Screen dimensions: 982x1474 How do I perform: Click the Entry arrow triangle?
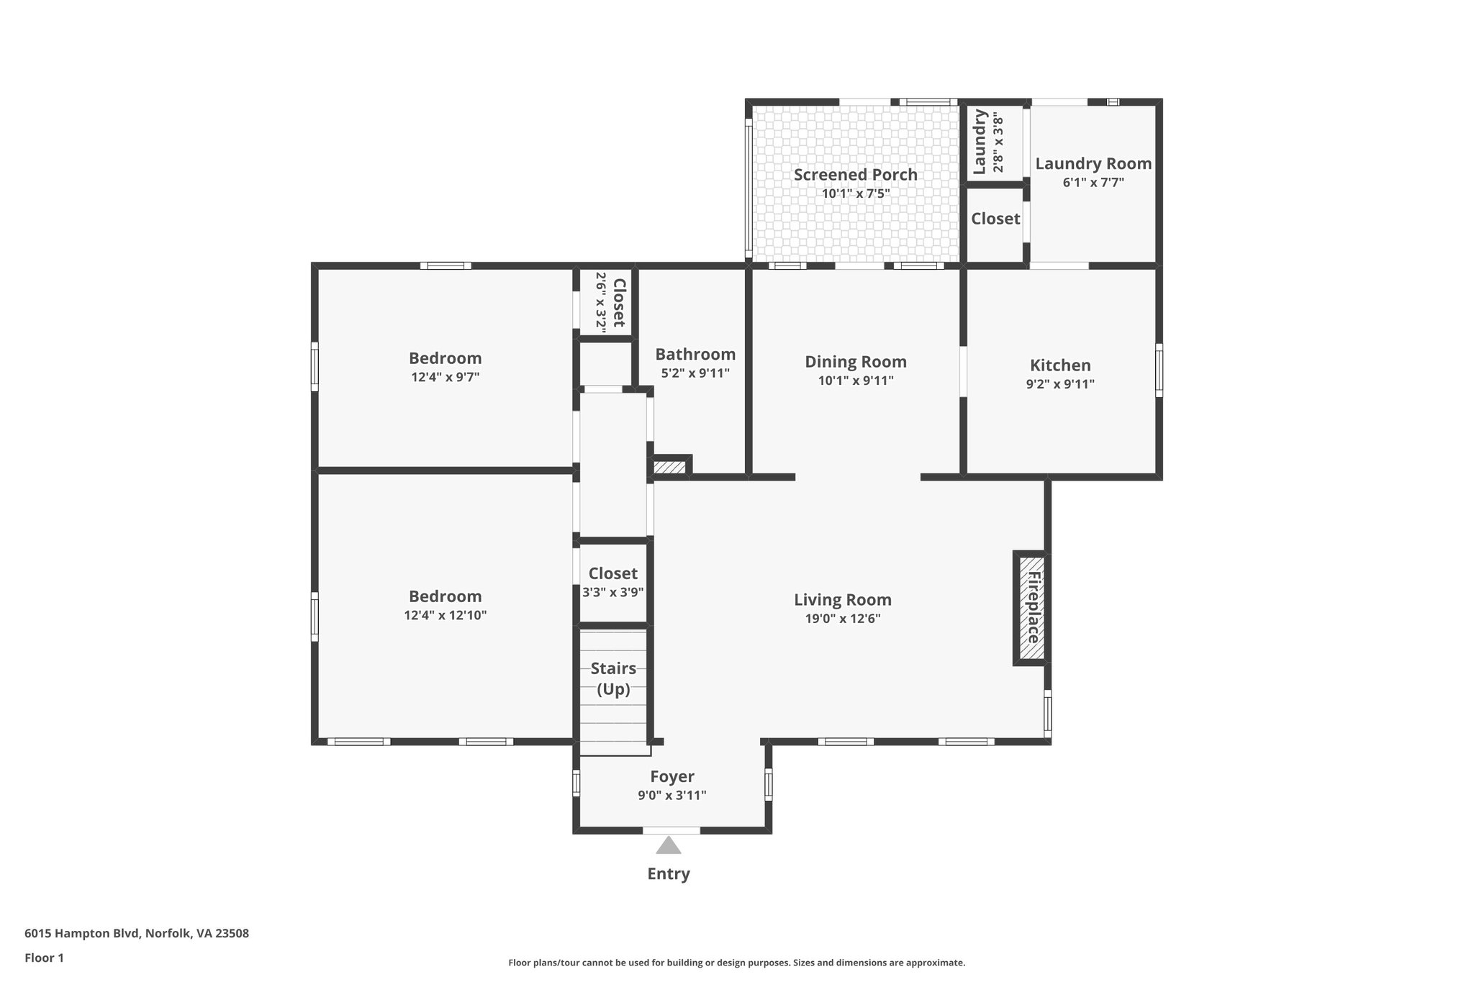(x=668, y=845)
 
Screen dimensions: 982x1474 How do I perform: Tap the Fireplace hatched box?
(x=1031, y=608)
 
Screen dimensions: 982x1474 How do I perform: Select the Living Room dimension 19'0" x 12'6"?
(x=842, y=619)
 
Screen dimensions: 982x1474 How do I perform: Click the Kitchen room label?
(x=1060, y=365)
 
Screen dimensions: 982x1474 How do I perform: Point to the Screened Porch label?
(x=855, y=174)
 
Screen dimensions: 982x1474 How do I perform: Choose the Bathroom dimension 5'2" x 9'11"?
(x=695, y=373)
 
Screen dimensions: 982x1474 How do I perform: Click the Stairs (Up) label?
(x=613, y=678)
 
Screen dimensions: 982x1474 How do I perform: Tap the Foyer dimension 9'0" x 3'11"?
(x=672, y=795)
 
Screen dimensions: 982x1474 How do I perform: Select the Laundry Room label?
(x=1093, y=163)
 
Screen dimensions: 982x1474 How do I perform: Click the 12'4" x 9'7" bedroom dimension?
(x=445, y=377)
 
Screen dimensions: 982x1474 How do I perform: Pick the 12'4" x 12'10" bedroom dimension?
(x=445, y=615)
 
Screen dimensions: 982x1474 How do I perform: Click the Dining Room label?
(x=855, y=361)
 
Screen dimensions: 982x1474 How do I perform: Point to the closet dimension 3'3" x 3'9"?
(x=612, y=592)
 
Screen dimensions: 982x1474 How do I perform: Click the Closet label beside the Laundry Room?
(x=995, y=218)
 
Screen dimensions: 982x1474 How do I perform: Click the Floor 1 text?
(x=44, y=958)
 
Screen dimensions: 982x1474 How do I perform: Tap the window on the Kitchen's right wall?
(x=1158, y=370)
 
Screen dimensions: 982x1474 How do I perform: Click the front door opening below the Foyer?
(x=671, y=830)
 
